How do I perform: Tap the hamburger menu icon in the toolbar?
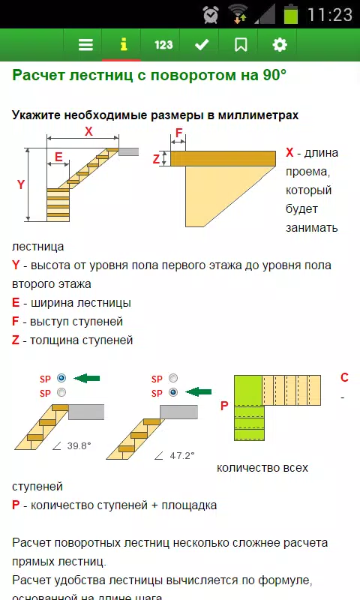85,45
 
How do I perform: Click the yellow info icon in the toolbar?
123,44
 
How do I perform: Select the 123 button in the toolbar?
163,45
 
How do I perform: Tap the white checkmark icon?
202,45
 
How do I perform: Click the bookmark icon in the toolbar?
241,45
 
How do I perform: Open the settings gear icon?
280,45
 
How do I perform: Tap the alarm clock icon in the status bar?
211,15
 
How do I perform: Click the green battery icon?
291,14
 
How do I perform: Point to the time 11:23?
330,15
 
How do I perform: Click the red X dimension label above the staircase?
88,131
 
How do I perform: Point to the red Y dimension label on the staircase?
21,184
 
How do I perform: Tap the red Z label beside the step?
156,159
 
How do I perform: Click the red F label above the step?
178,133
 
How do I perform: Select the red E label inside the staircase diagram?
58,157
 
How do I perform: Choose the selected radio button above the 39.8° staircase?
61,378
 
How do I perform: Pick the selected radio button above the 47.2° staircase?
173,392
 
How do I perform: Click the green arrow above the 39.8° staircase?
86,379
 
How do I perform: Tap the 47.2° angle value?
182,455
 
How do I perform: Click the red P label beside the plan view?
224,406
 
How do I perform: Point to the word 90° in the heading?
274,74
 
